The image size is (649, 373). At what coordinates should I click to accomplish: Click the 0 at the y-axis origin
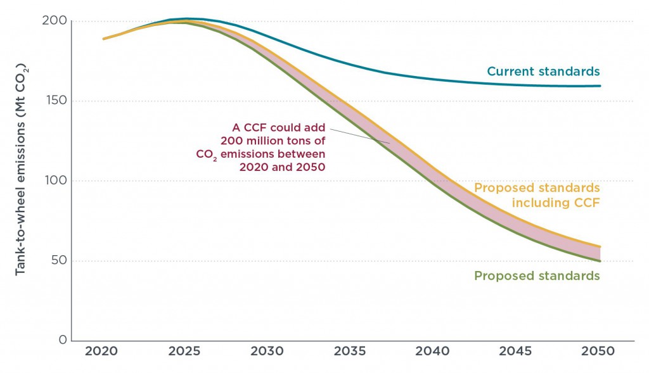[63, 340]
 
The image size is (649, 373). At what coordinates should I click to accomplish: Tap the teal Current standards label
[543, 71]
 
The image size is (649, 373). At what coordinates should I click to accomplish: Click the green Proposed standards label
[537, 276]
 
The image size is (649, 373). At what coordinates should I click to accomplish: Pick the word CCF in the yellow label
[587, 203]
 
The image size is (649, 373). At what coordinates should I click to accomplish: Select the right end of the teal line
[600, 86]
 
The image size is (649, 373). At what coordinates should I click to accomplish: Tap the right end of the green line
[600, 261]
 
